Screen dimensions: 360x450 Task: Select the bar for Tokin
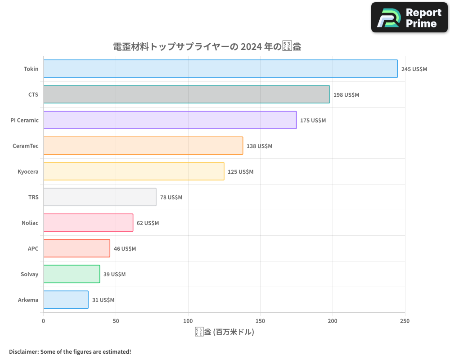220,69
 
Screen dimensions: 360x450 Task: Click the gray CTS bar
186,94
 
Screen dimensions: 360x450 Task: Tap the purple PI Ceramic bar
170,120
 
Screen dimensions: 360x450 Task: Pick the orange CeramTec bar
143,146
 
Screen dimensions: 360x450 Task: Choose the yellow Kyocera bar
134,171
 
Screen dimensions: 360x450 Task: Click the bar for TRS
100,197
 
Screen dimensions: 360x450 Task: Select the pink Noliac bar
88,223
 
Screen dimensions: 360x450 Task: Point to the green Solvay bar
72,274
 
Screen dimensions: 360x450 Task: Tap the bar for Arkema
66,300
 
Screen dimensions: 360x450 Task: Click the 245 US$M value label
414,69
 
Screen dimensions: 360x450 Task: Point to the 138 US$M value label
259,146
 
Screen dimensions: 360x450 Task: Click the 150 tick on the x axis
261,321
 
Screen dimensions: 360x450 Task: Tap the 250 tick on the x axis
405,321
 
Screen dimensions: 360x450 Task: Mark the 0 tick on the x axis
44,321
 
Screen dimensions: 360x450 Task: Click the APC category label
33,249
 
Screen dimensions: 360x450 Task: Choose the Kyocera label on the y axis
28,172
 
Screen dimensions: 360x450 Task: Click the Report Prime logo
409,18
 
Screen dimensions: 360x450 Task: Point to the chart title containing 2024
207,47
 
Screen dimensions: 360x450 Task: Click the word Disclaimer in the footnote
23,351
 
